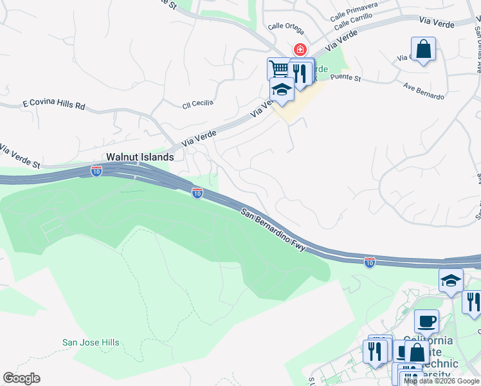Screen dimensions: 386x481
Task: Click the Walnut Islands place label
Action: (140, 157)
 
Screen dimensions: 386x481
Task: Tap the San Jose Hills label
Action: (91, 343)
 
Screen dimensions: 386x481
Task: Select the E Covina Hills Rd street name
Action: (54, 104)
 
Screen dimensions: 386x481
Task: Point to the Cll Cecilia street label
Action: (197, 104)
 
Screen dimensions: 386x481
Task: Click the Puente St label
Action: (346, 77)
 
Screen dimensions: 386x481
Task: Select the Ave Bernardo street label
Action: (423, 91)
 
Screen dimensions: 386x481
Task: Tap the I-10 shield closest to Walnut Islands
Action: (96, 171)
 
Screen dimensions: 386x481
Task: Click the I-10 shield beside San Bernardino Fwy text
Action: (197, 192)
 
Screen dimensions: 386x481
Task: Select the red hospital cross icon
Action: (300, 50)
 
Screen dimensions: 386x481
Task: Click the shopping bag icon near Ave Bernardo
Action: (423, 49)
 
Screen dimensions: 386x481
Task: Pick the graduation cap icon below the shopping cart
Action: (282, 89)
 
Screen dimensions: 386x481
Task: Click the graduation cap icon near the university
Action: (451, 279)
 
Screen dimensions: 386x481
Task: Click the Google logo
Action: (21, 378)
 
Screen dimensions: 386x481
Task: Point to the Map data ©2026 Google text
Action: (441, 381)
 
